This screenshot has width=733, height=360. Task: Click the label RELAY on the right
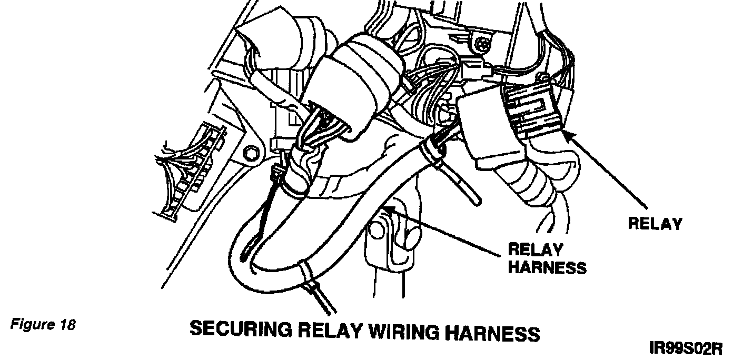655,224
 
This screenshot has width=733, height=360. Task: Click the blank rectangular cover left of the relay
480,126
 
